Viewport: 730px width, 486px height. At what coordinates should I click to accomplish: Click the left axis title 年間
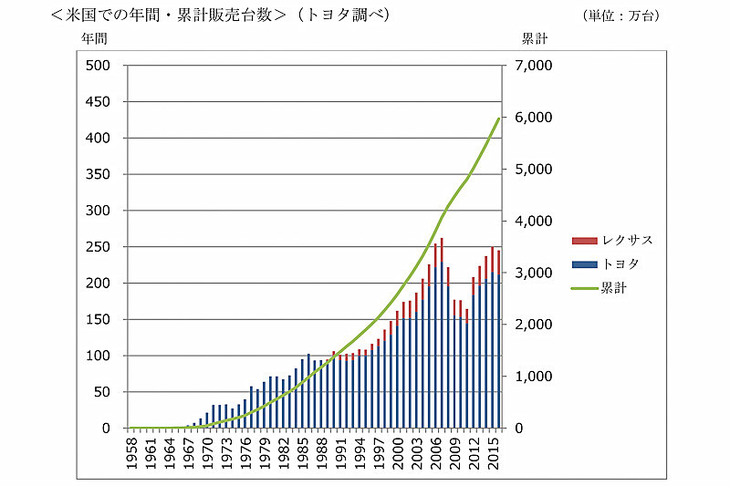click(x=96, y=39)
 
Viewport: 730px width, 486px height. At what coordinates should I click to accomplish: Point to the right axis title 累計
click(x=534, y=39)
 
